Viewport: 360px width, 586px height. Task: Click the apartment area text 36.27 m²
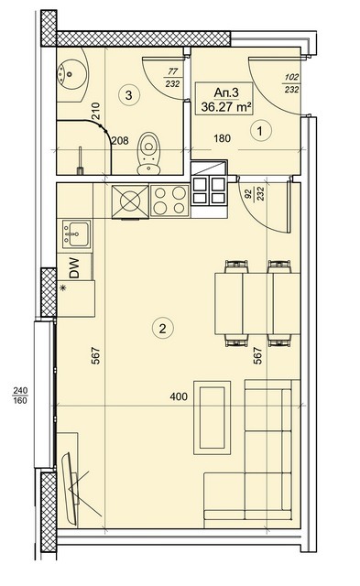(225, 107)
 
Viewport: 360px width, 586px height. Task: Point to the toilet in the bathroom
(148, 153)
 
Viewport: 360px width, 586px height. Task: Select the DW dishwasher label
(74, 268)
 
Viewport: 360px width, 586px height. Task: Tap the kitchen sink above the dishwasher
(77, 234)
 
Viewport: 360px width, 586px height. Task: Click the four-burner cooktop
(170, 201)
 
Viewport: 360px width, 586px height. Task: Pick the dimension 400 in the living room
(179, 396)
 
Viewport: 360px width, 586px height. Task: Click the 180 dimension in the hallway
(222, 138)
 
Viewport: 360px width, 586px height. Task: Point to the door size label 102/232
(291, 83)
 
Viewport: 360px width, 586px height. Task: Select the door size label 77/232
(172, 77)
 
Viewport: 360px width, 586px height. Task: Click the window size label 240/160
(20, 396)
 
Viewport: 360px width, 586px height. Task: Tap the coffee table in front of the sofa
(212, 418)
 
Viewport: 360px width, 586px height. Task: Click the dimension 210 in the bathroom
(95, 111)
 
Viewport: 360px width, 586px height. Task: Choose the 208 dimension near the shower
(120, 140)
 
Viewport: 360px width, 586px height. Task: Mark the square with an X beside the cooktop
(130, 201)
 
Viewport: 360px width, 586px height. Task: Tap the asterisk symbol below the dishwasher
(63, 288)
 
